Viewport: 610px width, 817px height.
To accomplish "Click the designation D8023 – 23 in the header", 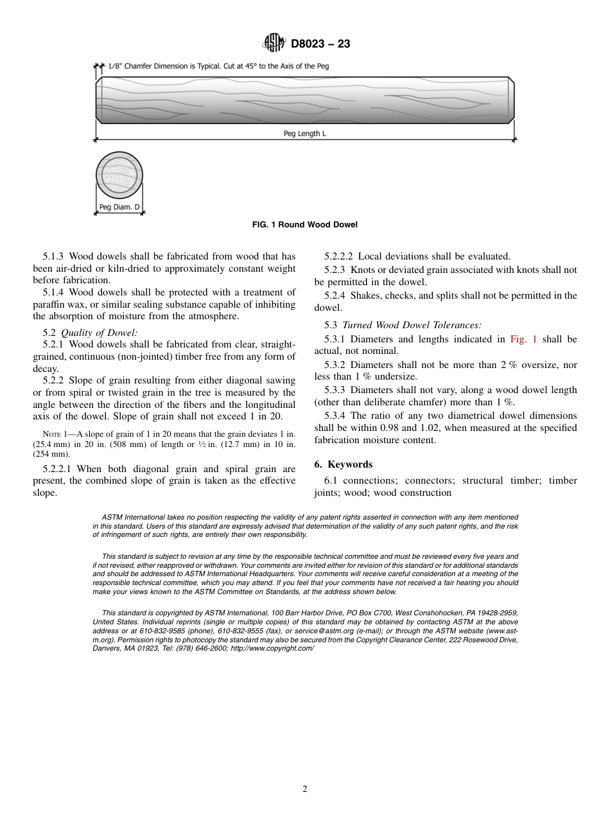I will click(320, 44).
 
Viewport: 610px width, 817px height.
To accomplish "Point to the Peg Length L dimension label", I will click(306, 134).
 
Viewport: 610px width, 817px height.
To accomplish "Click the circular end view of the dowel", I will click(119, 175).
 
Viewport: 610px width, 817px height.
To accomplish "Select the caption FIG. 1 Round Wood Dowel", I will click(305, 225).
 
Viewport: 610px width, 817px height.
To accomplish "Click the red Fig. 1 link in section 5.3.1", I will click(523, 339).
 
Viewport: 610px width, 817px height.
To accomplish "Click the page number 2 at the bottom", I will click(305, 789).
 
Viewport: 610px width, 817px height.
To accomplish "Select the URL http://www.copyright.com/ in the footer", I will click(272, 649).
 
